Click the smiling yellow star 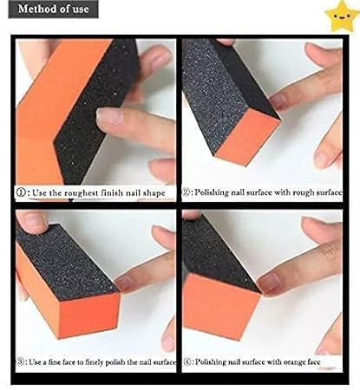tap(342, 16)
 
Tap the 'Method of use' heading tap(53, 9)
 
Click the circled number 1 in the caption tap(21, 192)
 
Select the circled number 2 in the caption tap(187, 192)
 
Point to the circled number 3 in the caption tap(21, 361)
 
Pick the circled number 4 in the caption tap(187, 361)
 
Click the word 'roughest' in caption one tap(82, 192)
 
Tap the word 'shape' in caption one tap(154, 192)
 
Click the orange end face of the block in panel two tap(248, 137)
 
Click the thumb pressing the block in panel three tap(32, 221)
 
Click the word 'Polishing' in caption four tap(211, 362)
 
